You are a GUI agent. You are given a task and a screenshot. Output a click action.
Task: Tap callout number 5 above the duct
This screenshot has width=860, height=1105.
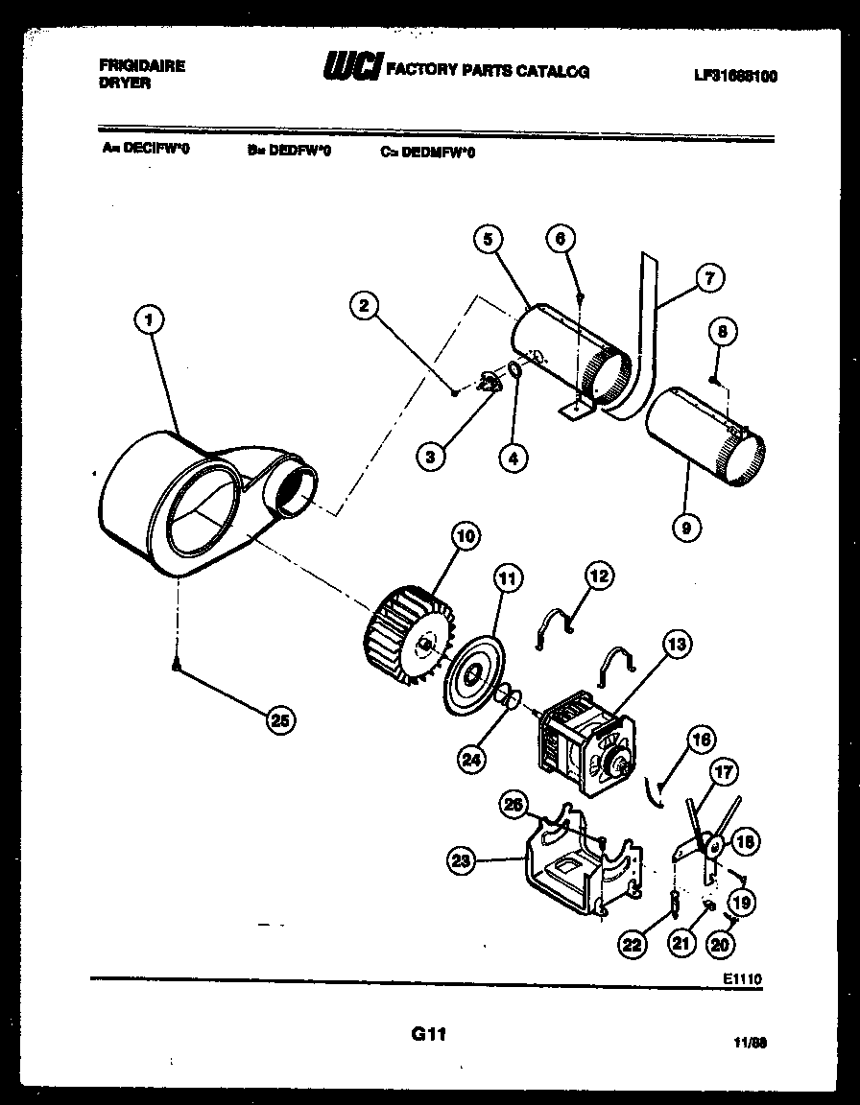(488, 239)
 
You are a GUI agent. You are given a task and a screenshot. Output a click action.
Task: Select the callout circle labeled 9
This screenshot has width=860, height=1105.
(687, 526)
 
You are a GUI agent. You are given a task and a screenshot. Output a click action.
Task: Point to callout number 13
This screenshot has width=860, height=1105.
(678, 644)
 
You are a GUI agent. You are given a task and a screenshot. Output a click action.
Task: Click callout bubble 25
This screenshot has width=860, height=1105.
(280, 721)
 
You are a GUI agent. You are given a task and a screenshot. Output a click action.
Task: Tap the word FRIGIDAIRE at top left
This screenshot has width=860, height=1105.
(142, 66)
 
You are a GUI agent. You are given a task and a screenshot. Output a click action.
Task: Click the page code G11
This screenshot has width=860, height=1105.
(429, 1034)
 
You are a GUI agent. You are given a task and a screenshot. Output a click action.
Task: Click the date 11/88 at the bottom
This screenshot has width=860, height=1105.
(754, 1041)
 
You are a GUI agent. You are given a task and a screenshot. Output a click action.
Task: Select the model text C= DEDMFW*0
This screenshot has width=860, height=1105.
(426, 151)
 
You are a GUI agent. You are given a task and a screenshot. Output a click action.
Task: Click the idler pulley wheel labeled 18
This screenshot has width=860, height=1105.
(712, 845)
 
